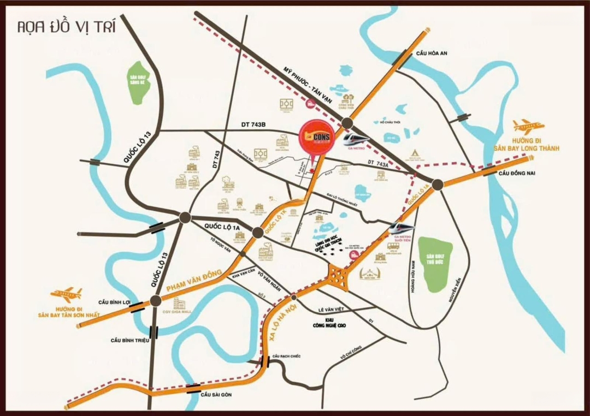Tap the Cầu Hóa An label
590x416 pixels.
(x=432, y=53)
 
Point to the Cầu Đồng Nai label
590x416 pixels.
(x=516, y=174)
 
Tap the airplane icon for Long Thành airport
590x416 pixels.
(x=528, y=126)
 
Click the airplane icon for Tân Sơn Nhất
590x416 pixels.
(x=66, y=295)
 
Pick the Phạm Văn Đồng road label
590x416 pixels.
(x=193, y=280)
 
